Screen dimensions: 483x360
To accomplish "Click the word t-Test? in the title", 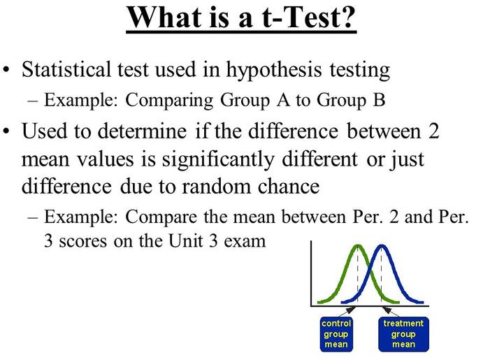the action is (309, 17).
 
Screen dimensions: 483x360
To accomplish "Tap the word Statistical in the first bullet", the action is (66, 69).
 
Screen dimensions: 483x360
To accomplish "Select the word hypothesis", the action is (274, 71).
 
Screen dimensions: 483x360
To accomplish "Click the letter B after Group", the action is (379, 100).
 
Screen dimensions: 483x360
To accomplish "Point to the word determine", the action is (142, 131).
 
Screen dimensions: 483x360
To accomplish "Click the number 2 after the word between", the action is (433, 131).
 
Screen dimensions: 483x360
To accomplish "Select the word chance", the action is (289, 187).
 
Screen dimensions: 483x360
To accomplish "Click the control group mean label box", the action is (336, 334).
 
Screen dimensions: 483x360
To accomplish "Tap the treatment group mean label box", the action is (403, 334).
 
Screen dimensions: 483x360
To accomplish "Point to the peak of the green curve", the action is (358, 245).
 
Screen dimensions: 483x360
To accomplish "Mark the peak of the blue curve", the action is (382, 245).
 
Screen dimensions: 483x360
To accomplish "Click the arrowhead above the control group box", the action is (351, 310).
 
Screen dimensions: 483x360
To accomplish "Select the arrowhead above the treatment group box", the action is (387, 310).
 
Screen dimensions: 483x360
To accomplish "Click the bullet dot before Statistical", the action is (6, 70).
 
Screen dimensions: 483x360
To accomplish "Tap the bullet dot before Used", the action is (6, 131).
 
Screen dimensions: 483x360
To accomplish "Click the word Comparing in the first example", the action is (169, 101).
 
